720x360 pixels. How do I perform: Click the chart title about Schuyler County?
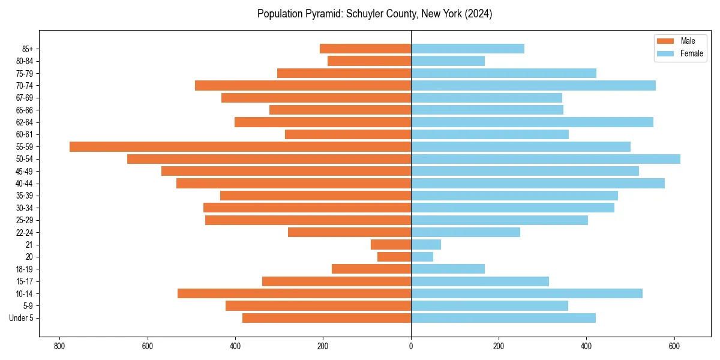(x=374, y=14)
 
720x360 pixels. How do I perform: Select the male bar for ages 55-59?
(x=240, y=146)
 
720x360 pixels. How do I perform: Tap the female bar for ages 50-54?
(x=545, y=159)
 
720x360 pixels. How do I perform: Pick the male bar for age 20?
(x=394, y=257)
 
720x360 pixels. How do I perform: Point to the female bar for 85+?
(x=467, y=49)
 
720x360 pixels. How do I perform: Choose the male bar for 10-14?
(x=294, y=293)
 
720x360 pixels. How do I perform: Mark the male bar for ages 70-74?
(x=303, y=85)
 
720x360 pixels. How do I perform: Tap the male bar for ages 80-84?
(x=369, y=61)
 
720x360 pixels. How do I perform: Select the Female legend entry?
(x=680, y=53)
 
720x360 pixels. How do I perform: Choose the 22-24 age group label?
(x=25, y=232)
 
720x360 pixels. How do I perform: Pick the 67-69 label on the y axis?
(x=25, y=98)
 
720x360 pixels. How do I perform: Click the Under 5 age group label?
(x=21, y=318)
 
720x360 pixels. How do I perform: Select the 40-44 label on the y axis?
(x=25, y=184)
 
